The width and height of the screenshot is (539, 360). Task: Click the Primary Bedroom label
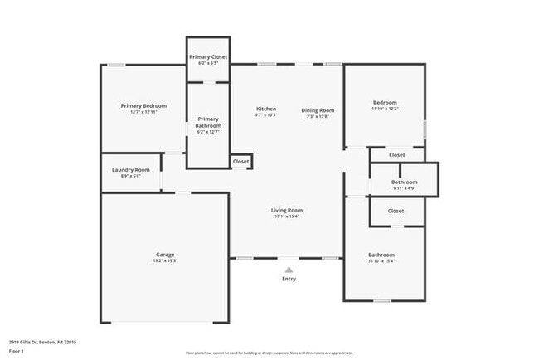(143, 105)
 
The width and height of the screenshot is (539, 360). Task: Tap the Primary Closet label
(207, 56)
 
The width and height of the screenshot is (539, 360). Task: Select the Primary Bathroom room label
(208, 122)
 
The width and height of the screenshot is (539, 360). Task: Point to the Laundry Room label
(130, 169)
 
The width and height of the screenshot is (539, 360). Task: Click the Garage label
(165, 255)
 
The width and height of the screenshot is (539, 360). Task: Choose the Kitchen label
(265, 109)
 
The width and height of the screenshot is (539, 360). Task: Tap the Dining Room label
(318, 110)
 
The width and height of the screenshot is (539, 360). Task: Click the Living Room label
(287, 210)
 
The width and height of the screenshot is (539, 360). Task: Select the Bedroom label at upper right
(385, 102)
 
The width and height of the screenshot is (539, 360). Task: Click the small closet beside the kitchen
(240, 161)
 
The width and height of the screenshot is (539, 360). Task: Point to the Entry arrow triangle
(289, 270)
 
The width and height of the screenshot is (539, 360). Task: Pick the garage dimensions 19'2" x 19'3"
(165, 261)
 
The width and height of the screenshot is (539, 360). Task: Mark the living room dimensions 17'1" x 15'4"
(287, 216)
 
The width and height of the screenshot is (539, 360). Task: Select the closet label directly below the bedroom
(396, 154)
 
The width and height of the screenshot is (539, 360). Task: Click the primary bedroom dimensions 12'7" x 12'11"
(143, 112)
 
